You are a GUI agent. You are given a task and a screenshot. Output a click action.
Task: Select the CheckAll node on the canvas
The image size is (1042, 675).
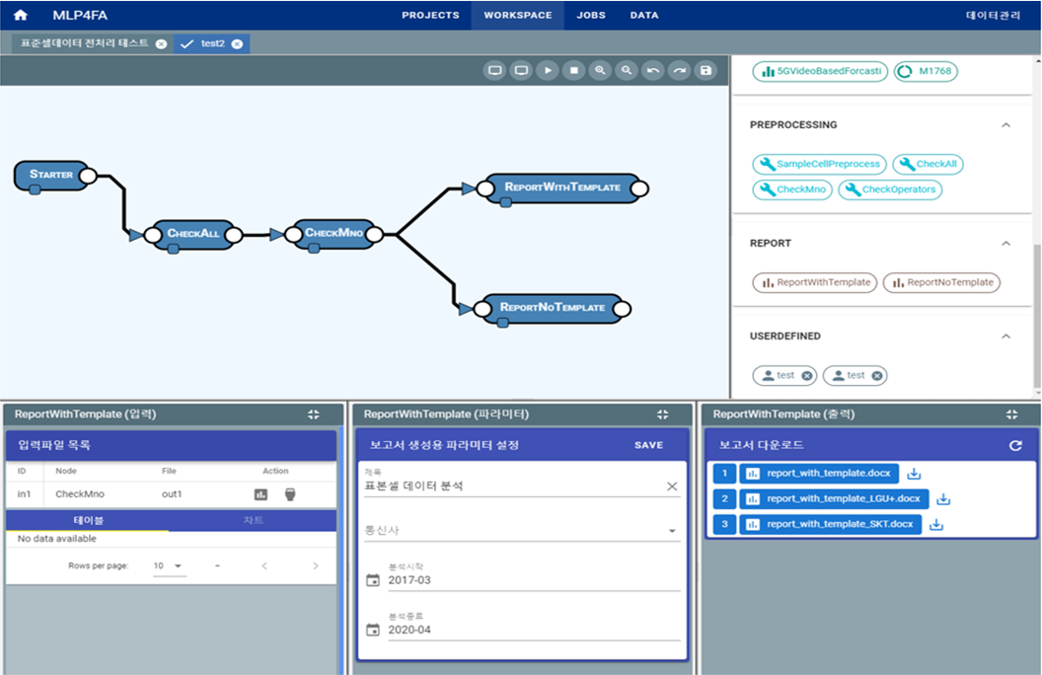click(x=193, y=234)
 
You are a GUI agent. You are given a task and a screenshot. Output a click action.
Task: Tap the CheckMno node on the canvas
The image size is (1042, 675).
click(x=334, y=234)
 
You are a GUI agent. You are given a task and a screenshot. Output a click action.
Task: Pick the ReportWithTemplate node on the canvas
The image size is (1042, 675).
click(x=562, y=187)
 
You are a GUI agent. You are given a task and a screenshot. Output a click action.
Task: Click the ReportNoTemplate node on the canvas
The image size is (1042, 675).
click(x=552, y=308)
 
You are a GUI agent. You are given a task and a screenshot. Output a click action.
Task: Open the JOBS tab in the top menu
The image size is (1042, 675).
click(x=591, y=15)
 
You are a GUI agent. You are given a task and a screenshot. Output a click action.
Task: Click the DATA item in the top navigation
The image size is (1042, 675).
click(x=644, y=15)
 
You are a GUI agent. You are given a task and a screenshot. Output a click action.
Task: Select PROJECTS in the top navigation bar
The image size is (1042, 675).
click(x=431, y=15)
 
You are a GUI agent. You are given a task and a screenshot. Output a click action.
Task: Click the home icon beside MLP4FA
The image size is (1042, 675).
click(x=20, y=15)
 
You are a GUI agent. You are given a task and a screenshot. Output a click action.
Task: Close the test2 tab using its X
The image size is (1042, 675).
click(x=237, y=43)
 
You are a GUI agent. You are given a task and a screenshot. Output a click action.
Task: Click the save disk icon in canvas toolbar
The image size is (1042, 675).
click(x=705, y=71)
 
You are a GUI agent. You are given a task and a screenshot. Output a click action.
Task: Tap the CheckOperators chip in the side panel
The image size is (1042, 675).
click(x=890, y=189)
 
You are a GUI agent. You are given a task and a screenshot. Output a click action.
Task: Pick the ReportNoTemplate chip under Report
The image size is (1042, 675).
click(x=941, y=282)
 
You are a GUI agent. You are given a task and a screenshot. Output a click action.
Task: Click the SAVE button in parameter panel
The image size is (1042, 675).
click(x=648, y=445)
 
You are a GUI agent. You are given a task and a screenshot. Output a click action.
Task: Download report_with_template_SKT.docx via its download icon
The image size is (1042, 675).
click(x=936, y=524)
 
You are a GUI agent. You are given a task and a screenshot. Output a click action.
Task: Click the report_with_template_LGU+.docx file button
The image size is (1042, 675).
click(x=834, y=499)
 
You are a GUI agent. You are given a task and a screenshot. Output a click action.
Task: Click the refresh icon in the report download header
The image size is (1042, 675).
click(x=1015, y=445)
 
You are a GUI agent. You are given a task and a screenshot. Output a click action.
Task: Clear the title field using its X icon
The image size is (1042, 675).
click(x=672, y=487)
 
